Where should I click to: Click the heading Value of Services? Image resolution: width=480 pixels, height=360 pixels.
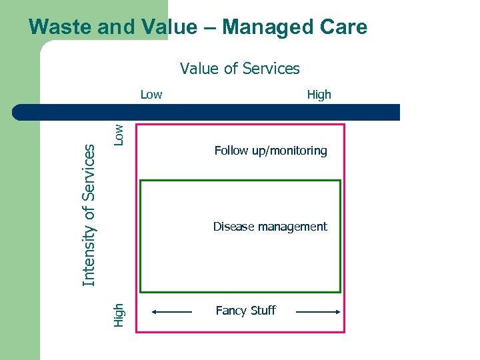[240, 69]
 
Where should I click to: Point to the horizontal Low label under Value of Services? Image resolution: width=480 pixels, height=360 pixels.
[151, 95]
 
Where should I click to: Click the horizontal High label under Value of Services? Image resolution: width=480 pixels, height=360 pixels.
[319, 95]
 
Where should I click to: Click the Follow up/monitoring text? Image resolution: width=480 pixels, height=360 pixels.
[271, 151]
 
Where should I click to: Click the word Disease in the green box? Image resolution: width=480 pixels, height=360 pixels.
[232, 227]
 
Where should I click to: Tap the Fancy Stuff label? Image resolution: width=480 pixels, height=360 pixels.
[245, 311]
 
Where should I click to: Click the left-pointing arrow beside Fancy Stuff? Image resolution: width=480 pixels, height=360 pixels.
[172, 311]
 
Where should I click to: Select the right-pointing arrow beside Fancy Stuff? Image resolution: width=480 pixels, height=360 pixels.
[317, 311]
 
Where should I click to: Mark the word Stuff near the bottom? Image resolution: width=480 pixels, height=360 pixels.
[261, 311]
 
